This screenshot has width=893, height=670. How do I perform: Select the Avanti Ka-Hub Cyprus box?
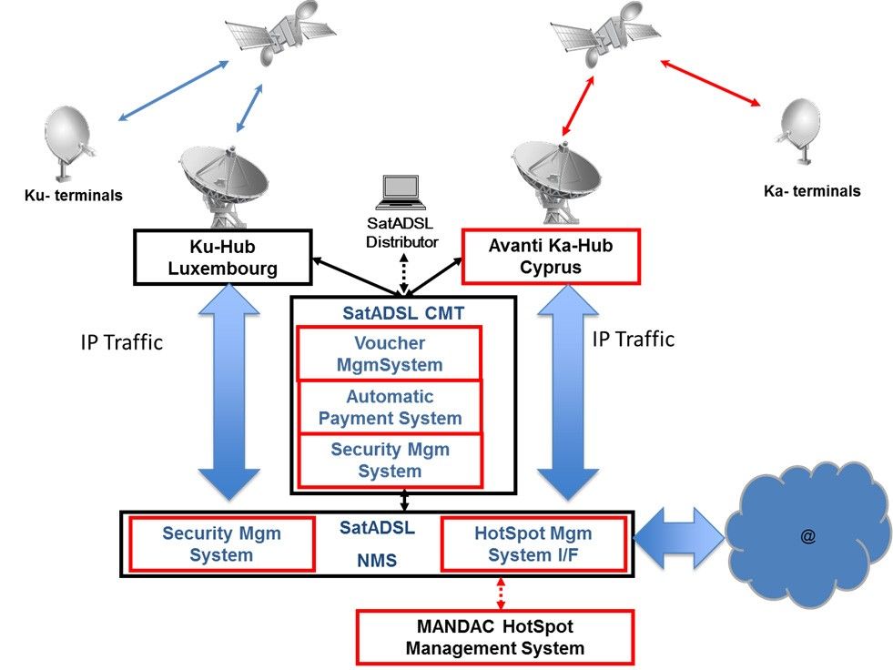[552, 256]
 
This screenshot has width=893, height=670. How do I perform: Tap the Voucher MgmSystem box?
[391, 355]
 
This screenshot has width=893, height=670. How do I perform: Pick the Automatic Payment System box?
[391, 407]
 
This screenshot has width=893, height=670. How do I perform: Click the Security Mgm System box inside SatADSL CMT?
[391, 460]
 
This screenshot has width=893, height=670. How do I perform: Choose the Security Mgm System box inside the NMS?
[221, 543]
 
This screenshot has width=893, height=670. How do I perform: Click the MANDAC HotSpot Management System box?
[494, 637]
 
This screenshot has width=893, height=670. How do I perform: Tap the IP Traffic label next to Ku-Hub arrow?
[121, 342]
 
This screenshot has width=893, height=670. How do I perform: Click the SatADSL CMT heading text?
[403, 313]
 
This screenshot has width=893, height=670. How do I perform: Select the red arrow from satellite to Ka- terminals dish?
[711, 83]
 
